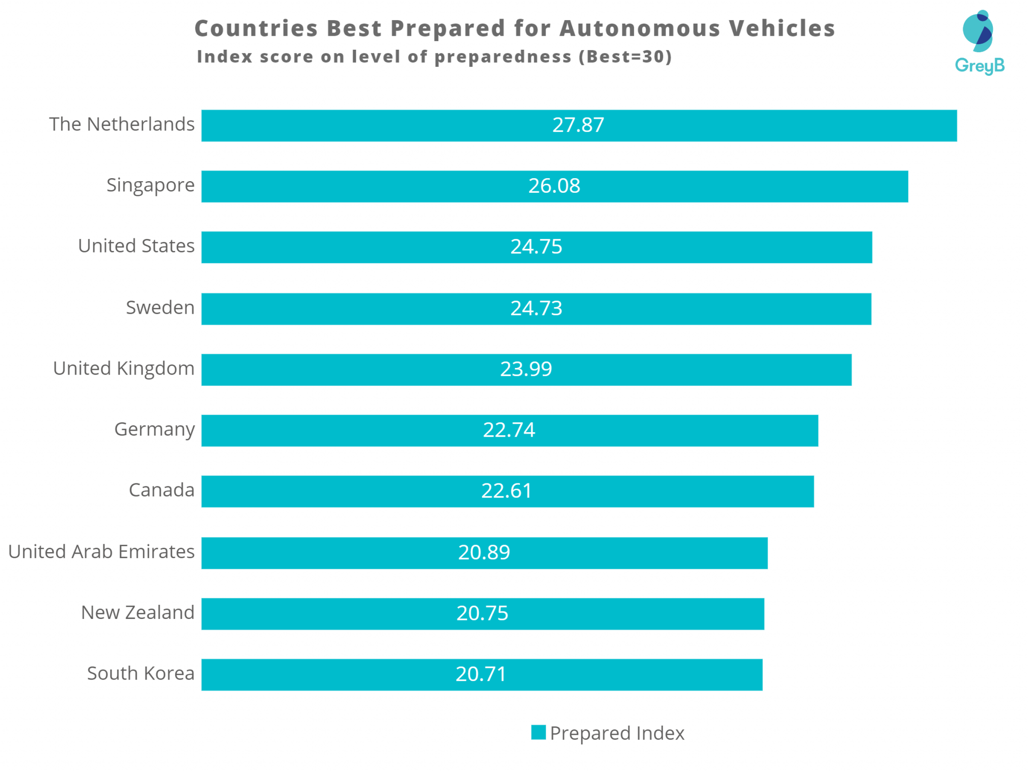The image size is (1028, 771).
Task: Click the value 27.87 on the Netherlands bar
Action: click(578, 125)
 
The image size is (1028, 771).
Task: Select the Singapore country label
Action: click(150, 185)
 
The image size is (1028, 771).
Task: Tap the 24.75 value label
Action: click(536, 246)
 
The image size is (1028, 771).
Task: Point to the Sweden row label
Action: click(160, 307)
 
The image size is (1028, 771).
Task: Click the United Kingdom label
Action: click(123, 368)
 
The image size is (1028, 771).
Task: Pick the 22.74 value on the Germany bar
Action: click(509, 430)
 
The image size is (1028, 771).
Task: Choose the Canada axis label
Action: click(161, 490)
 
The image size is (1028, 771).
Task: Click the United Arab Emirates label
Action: click(101, 552)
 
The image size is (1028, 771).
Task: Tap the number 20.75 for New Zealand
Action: click(482, 613)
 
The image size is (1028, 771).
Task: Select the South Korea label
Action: click(141, 673)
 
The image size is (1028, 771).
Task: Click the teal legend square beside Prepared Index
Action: click(538, 732)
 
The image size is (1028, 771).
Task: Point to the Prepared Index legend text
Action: click(617, 733)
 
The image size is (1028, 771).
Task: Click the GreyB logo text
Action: click(979, 66)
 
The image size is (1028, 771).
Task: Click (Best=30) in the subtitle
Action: click(625, 57)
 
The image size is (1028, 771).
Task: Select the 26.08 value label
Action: click(554, 186)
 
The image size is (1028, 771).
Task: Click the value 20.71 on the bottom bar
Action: click(481, 674)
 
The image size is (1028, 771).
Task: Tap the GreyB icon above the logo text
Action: click(978, 31)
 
